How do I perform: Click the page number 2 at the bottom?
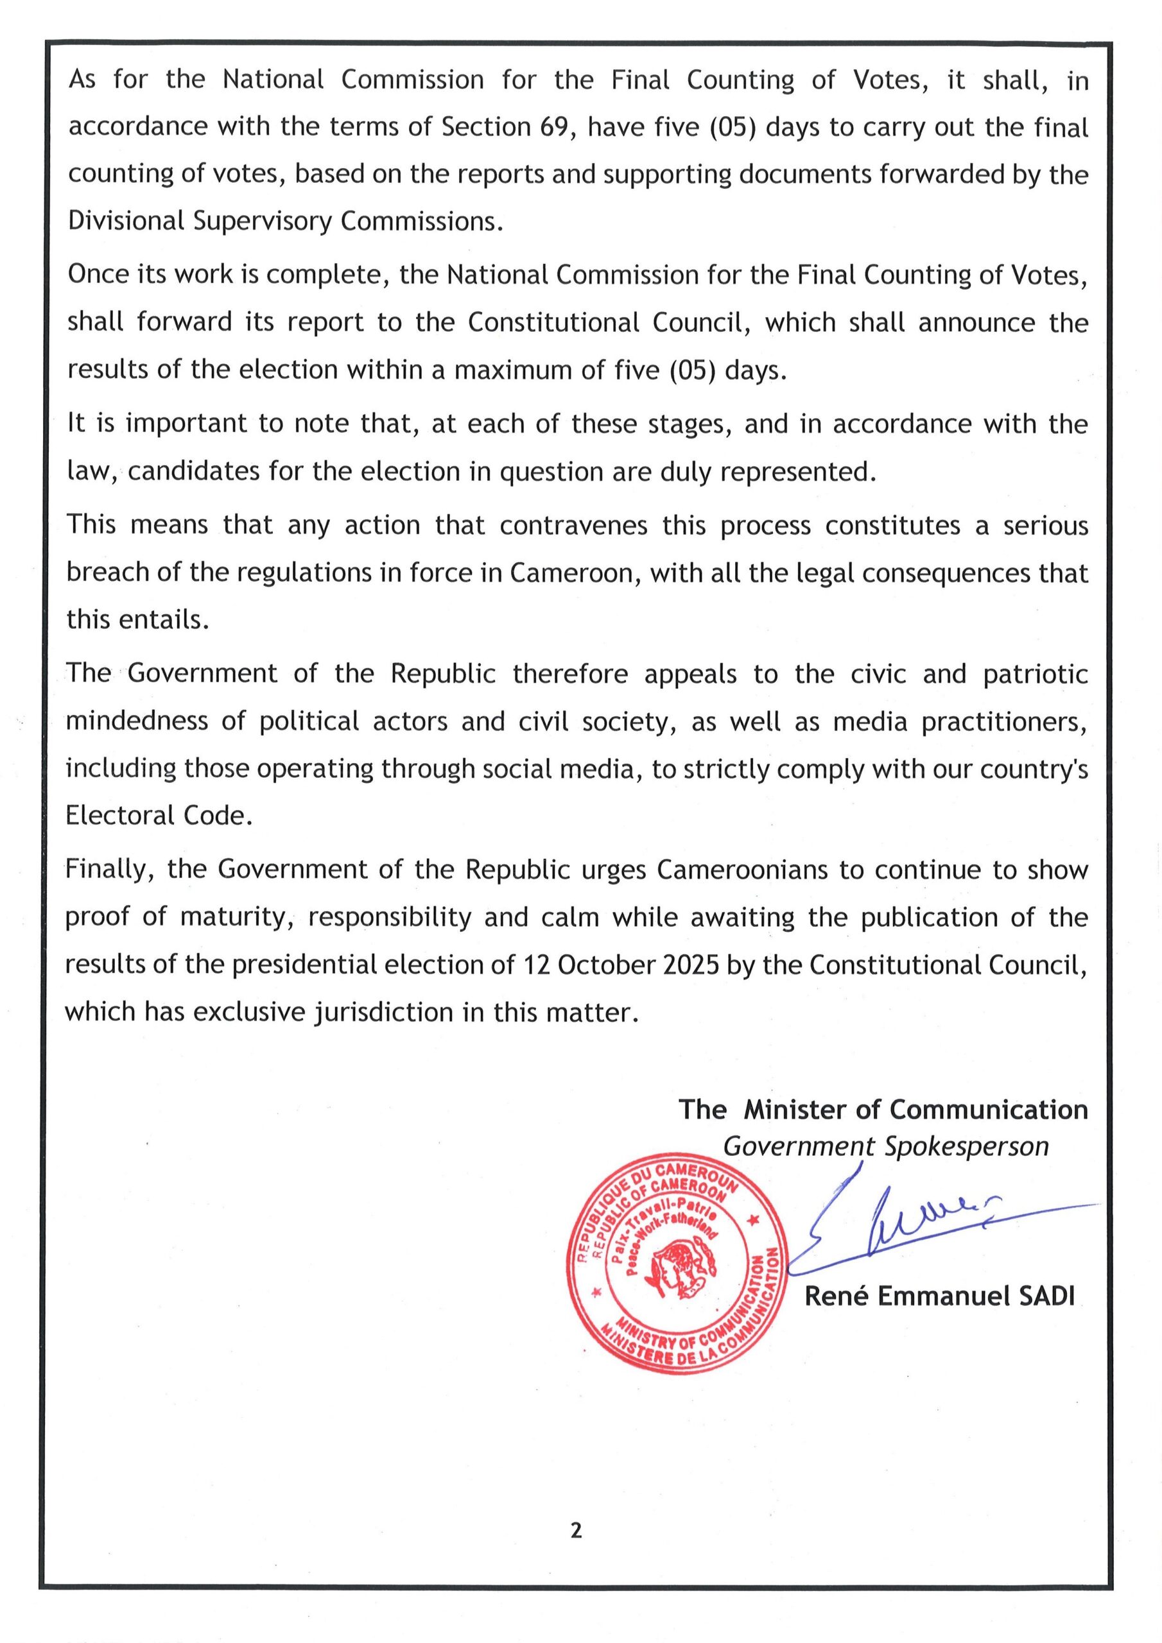tap(577, 1531)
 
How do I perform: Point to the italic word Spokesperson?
tap(967, 1146)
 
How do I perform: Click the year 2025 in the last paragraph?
tap(691, 965)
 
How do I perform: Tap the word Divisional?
tap(126, 221)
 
